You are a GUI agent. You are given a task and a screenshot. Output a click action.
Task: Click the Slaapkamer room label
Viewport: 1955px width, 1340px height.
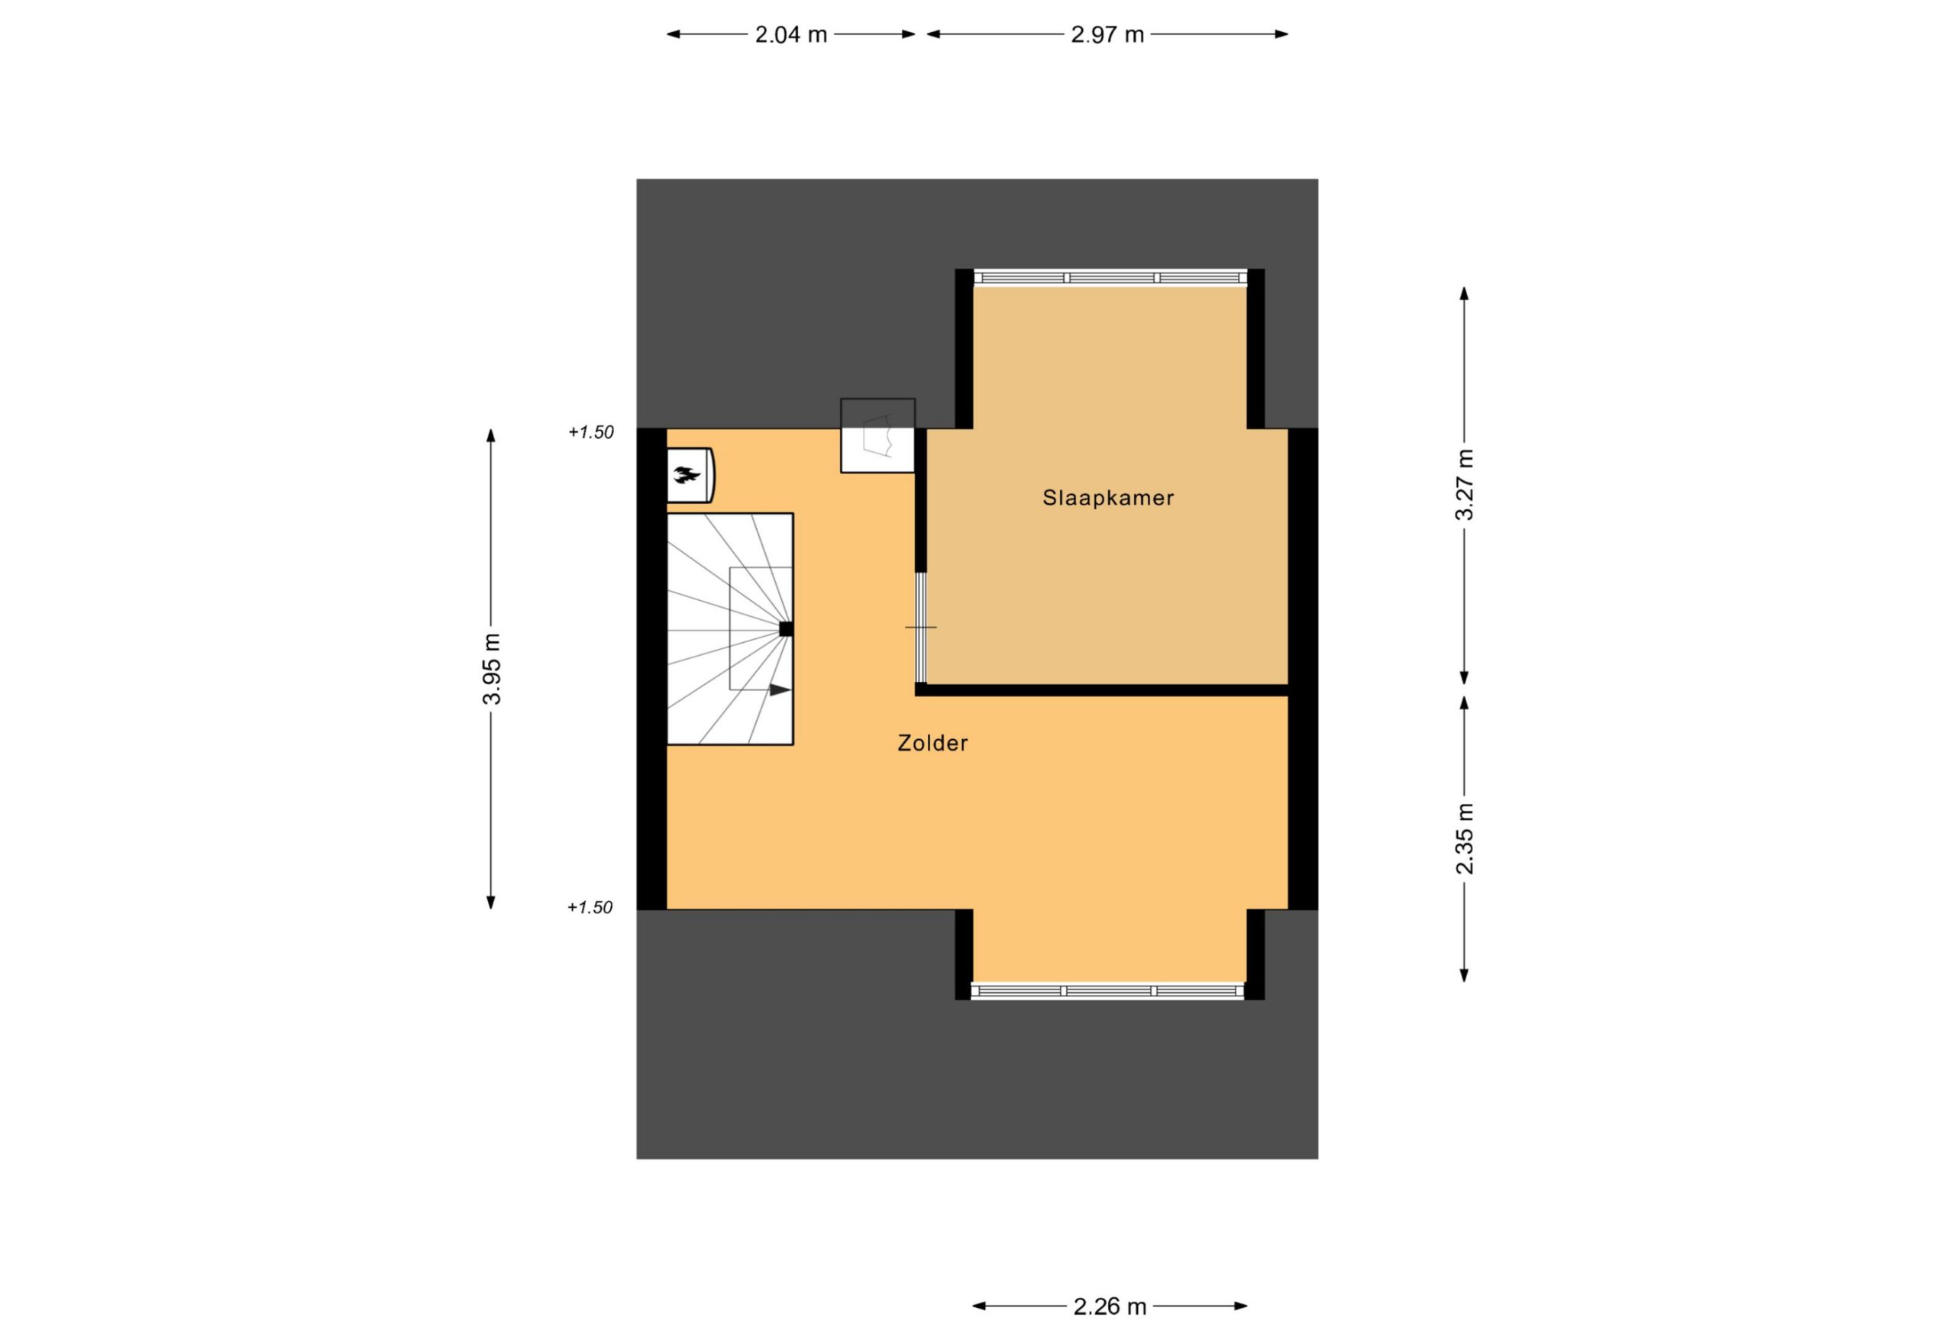[x=1108, y=498]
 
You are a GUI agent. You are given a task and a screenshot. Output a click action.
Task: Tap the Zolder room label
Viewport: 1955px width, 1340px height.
[x=932, y=743]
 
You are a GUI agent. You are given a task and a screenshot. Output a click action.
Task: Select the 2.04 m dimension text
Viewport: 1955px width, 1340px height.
[x=790, y=34]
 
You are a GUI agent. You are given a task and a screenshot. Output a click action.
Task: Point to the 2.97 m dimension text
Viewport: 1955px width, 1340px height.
[x=1107, y=34]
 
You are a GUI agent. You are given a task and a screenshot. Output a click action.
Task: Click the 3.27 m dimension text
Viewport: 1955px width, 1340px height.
[x=1465, y=485]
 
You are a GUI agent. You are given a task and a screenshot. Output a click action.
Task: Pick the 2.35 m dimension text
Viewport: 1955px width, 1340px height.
[x=1465, y=838]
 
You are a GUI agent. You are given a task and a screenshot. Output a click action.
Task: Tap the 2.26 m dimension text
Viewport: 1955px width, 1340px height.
[x=1110, y=1306]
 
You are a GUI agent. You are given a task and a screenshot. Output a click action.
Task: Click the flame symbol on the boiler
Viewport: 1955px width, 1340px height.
[x=687, y=476]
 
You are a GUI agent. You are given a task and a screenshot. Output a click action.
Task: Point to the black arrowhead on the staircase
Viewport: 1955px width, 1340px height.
[x=780, y=689]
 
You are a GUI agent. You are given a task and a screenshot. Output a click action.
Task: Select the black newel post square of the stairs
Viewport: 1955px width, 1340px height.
[x=787, y=628]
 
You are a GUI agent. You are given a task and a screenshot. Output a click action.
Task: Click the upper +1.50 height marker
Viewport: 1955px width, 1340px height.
[x=591, y=432]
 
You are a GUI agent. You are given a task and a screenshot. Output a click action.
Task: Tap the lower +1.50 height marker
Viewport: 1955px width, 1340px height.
[x=590, y=907]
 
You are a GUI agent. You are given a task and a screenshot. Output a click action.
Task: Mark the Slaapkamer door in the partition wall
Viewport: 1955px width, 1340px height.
[x=921, y=628]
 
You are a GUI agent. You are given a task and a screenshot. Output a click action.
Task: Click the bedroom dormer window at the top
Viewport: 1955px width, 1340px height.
[x=1110, y=278]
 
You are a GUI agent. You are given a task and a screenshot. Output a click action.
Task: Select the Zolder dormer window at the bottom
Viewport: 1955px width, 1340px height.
[x=1108, y=991]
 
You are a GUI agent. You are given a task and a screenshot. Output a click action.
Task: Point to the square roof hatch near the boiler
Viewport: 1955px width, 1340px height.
[x=877, y=435]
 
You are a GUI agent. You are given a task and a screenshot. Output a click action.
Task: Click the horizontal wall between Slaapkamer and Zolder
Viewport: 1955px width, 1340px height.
[x=1102, y=689]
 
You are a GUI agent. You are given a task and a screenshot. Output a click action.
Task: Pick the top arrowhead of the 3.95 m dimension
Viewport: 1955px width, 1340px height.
[x=491, y=436]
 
